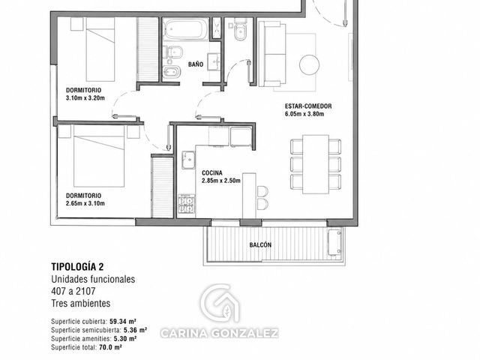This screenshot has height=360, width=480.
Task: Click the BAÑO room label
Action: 196,64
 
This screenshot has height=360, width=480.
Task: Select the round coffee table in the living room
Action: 309,64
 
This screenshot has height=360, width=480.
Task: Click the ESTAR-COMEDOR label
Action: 308,106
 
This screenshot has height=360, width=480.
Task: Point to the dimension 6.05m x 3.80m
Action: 304,114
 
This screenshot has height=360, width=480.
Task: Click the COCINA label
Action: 212,173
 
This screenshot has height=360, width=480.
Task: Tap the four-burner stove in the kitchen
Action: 187,204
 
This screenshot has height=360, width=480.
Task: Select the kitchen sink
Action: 188,160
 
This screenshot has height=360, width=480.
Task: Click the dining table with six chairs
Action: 316,164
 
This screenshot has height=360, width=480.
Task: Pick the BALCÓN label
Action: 260,245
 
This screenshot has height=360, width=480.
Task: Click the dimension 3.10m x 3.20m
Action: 85,98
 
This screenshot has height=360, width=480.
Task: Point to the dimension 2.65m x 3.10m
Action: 85,203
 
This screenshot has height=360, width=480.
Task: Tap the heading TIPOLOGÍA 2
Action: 77,267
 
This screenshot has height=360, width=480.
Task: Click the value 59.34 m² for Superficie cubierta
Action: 123,322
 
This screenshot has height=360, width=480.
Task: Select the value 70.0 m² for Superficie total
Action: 110,347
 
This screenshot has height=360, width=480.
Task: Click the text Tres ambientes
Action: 81,303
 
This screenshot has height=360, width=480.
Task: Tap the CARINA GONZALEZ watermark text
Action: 219,333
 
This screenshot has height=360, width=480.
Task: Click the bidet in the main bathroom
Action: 172,72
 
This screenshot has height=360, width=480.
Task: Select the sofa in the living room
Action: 272,54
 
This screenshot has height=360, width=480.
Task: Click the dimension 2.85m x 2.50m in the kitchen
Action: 221,181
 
